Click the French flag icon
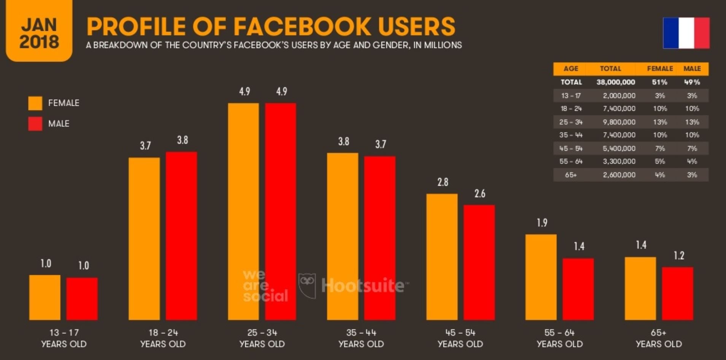tap(686, 33)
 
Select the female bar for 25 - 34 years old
tap(243, 211)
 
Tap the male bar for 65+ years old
tap(677, 293)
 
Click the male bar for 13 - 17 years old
tap(82, 299)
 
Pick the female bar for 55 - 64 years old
tap(541, 277)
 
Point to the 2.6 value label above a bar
tap(480, 194)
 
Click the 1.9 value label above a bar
tap(542, 223)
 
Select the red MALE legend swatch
tap(35, 124)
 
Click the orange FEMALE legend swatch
tap(35, 103)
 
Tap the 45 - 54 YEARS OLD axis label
tap(460, 338)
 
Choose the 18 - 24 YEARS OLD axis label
tap(163, 338)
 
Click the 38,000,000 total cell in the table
tap(615, 82)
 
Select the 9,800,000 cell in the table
tap(619, 122)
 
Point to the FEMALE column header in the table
tap(660, 69)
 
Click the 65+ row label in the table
tap(570, 175)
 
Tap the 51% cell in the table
tap(659, 82)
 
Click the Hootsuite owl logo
tap(307, 285)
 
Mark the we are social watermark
tap(265, 286)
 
